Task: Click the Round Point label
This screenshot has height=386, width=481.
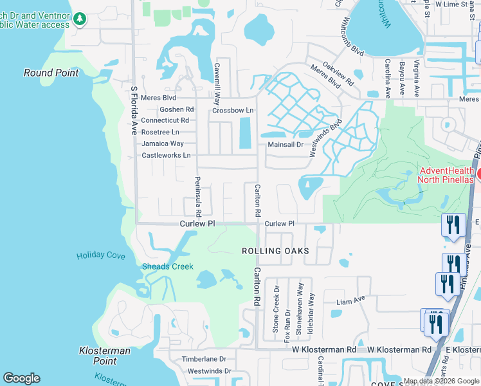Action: coord(51,73)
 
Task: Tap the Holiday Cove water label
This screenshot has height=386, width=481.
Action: coord(101,255)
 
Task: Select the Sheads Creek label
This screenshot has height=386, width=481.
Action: coord(167,266)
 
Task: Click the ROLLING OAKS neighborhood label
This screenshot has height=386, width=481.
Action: coord(275,251)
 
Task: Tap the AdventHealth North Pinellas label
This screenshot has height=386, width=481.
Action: coord(446,175)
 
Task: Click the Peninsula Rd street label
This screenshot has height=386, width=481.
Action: coord(198,196)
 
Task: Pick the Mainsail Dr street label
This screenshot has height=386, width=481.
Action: coord(285,145)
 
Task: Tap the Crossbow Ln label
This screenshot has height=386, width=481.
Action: coord(233,111)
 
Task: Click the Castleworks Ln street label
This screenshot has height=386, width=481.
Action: coord(166,156)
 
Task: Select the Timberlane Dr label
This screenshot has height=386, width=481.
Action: coord(204,360)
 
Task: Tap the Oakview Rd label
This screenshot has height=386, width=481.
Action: coord(339,74)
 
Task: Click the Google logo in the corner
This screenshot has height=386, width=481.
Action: coord(21,378)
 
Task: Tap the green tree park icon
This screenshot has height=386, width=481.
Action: coord(80,19)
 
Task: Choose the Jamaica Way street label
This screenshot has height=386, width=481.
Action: coord(163,143)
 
